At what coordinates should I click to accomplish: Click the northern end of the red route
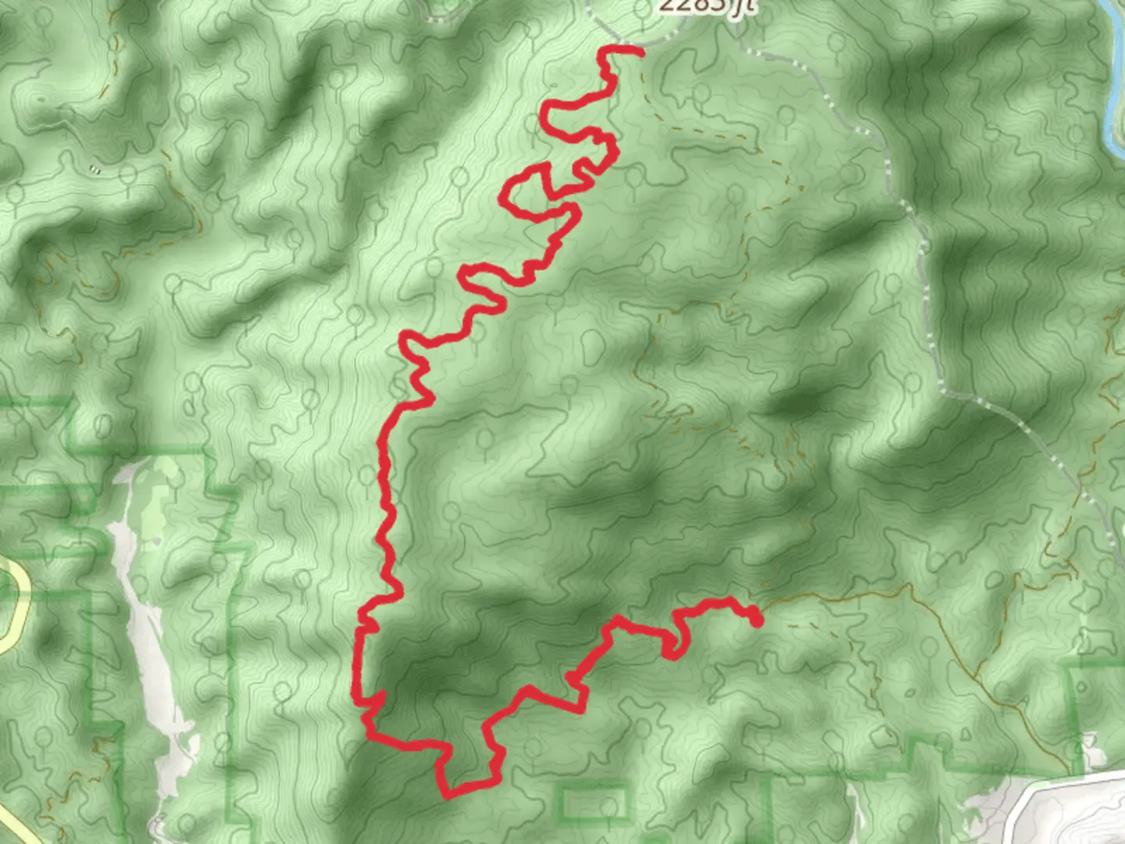pyautogui.click(x=640, y=52)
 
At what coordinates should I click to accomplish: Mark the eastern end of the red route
pyautogui.click(x=756, y=621)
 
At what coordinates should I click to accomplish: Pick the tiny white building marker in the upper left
pyautogui.click(x=95, y=167)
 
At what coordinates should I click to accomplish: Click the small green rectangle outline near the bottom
pyautogui.click(x=594, y=802)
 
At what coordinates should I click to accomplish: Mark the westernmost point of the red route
pyautogui.click(x=355, y=688)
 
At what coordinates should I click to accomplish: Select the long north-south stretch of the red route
pyautogui.click(x=385, y=508)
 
